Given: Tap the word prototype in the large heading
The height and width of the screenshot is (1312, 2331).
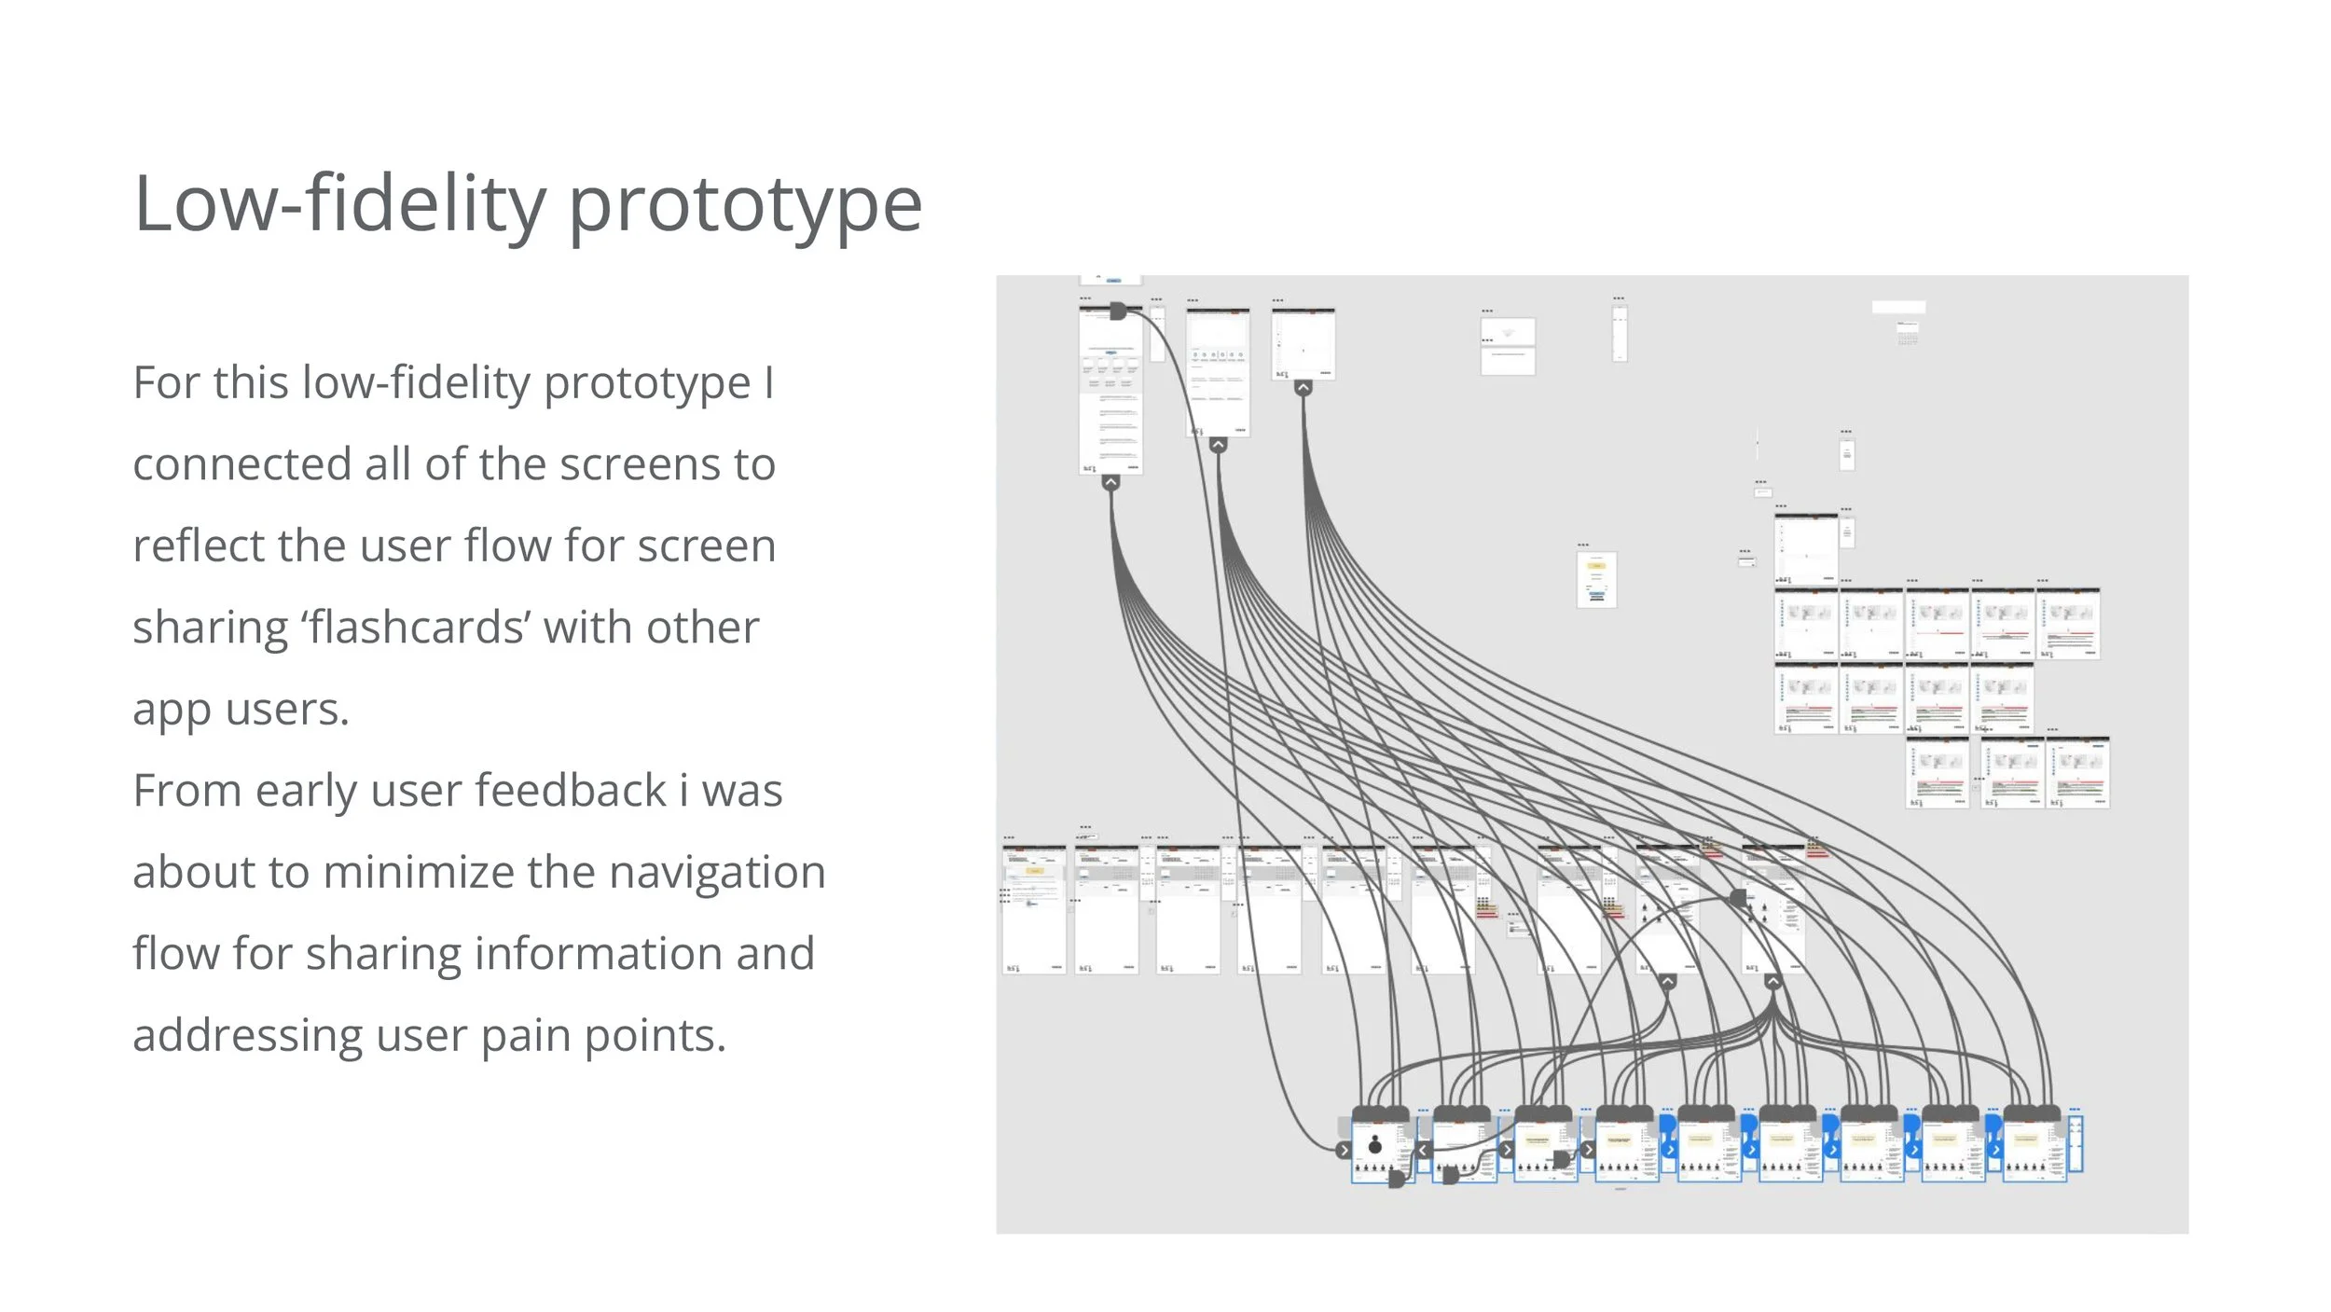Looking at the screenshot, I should (x=745, y=207).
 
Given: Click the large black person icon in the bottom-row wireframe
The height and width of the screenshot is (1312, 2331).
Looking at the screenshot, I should (x=1374, y=1145).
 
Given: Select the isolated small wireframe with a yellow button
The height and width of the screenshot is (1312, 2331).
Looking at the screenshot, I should (x=1595, y=579).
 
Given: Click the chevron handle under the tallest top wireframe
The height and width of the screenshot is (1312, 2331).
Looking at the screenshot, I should (x=1110, y=482).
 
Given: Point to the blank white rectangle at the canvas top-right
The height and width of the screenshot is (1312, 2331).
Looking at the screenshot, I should (x=1898, y=308).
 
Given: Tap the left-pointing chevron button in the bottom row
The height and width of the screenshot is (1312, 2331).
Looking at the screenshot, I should (x=1423, y=1150).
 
